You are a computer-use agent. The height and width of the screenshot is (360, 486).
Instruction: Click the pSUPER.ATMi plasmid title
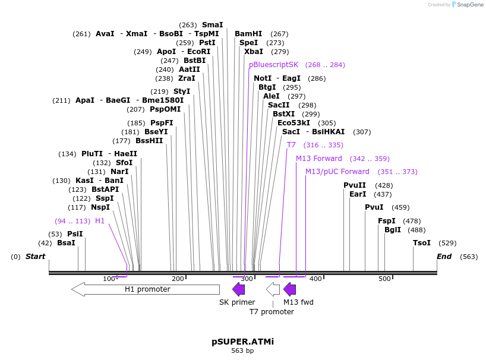click(x=242, y=342)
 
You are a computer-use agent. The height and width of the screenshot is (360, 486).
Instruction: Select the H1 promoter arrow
click(x=146, y=289)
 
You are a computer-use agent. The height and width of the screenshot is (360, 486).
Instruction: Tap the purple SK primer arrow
click(x=238, y=289)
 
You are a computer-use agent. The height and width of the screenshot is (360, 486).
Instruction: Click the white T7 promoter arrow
click(x=273, y=289)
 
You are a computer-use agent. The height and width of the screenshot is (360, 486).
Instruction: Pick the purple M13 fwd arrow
click(x=289, y=289)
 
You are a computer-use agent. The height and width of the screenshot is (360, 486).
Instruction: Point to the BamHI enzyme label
click(x=248, y=34)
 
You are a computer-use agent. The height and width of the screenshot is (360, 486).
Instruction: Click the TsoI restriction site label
click(x=422, y=243)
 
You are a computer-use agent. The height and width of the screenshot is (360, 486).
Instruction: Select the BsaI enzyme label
click(x=66, y=243)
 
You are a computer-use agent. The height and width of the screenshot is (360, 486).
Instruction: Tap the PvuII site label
click(x=355, y=185)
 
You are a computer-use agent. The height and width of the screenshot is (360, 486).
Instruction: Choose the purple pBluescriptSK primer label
click(x=273, y=65)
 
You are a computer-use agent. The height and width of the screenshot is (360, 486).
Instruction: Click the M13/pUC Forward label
click(x=337, y=172)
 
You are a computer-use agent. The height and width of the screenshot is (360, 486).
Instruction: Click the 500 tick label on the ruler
click(x=384, y=279)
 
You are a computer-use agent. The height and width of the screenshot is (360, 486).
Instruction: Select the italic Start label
click(x=35, y=257)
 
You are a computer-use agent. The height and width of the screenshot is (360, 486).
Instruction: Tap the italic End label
click(x=444, y=257)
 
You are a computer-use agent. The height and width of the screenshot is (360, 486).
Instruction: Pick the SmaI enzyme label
click(x=212, y=25)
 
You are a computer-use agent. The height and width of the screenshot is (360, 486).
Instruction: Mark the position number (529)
click(x=447, y=243)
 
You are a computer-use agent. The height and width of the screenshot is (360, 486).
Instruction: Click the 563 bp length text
click(x=242, y=351)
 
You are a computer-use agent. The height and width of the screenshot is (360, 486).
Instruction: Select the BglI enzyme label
click(x=393, y=230)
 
